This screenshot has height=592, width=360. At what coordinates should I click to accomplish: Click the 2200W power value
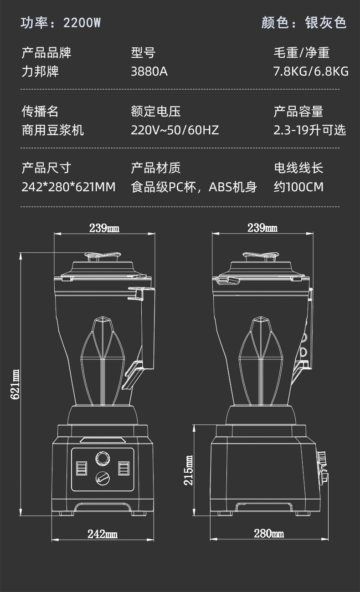pyautogui.click(x=82, y=23)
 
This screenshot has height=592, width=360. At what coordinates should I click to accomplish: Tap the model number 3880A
pyautogui.click(x=149, y=71)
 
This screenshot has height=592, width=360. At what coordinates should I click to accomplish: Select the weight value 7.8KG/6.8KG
pyautogui.click(x=311, y=71)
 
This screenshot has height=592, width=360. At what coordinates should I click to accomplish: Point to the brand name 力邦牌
pyautogui.click(x=41, y=71)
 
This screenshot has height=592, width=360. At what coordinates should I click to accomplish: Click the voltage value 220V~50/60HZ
pyautogui.click(x=175, y=130)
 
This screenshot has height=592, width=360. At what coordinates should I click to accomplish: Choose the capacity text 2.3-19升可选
pyautogui.click(x=310, y=130)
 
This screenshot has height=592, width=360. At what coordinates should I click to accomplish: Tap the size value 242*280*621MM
pyautogui.click(x=68, y=187)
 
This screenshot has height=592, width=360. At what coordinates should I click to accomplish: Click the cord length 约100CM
pyautogui.click(x=298, y=187)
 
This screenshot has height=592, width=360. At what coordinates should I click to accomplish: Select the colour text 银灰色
pyautogui.click(x=326, y=23)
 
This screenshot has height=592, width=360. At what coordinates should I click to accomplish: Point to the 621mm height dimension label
pyautogui.click(x=15, y=384)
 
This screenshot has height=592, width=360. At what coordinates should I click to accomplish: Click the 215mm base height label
pyautogui.click(x=189, y=470)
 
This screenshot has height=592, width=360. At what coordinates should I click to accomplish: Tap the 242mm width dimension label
pyautogui.click(x=103, y=534)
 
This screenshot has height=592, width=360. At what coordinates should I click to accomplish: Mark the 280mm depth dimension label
pyautogui.click(x=269, y=534)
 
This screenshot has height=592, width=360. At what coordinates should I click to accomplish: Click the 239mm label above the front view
pyautogui.click(x=104, y=228)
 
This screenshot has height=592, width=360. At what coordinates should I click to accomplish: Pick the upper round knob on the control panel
pyautogui.click(x=103, y=458)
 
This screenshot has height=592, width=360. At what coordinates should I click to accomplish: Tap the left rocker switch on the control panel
pyautogui.click(x=82, y=468)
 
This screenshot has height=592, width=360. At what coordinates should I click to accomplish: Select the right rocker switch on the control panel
pyautogui.click(x=124, y=468)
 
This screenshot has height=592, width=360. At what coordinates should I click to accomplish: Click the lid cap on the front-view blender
pyautogui.click(x=103, y=257)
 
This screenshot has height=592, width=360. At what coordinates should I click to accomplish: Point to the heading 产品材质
pyautogui.click(x=156, y=168)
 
